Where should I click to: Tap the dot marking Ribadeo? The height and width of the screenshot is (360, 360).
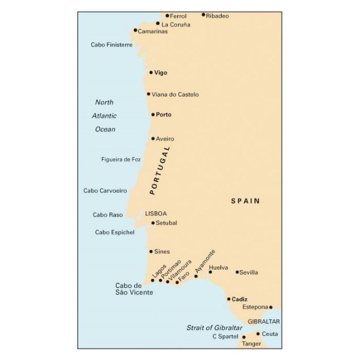(x=203, y=14)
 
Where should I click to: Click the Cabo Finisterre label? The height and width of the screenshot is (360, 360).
(x=112, y=44)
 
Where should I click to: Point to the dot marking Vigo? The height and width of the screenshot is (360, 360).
(x=151, y=73)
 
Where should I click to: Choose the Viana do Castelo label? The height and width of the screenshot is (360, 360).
(x=176, y=94)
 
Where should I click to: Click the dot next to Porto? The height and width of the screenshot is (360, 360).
(x=153, y=115)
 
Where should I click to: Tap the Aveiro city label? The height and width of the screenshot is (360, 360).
(x=165, y=139)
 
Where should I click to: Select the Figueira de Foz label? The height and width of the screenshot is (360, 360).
(x=121, y=160)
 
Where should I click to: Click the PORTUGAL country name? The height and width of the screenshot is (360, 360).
(x=160, y=171)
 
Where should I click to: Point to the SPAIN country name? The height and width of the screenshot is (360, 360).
(x=245, y=201)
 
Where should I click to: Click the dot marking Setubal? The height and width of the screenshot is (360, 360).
(x=153, y=223)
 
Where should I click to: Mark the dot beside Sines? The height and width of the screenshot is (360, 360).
(x=151, y=251)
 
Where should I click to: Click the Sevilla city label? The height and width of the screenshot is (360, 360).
(x=249, y=272)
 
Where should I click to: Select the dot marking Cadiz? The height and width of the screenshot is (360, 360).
(x=229, y=299)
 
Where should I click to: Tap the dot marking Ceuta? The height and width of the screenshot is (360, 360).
(x=258, y=334)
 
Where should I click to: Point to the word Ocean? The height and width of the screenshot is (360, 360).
(x=105, y=130)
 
